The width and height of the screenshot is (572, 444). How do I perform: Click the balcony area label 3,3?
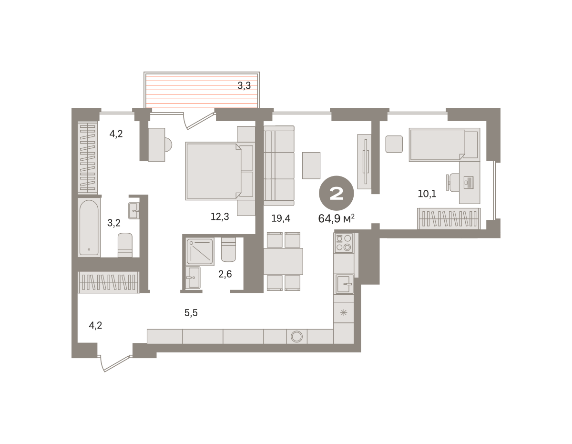click(x=244, y=85)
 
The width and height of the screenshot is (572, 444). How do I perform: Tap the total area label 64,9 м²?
click(x=336, y=218)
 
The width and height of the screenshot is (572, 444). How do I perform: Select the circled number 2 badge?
click(x=336, y=193)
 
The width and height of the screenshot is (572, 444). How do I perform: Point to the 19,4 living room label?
click(x=281, y=218)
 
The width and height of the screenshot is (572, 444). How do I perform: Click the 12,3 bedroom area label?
click(x=220, y=217)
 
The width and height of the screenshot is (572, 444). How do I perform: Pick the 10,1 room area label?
click(x=427, y=194)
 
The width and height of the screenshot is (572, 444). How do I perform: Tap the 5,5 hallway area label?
click(x=191, y=313)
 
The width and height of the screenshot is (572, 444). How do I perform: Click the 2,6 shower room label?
click(x=225, y=274)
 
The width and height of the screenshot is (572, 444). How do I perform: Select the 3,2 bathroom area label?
click(x=114, y=223)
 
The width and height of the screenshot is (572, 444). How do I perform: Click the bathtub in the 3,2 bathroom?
click(x=89, y=227)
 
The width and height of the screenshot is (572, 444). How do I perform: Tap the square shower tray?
click(x=200, y=251)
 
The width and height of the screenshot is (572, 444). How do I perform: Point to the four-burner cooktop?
click(x=344, y=243)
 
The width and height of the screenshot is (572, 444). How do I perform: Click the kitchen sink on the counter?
click(x=344, y=284)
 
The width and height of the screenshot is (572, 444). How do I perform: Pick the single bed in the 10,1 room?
click(x=444, y=145)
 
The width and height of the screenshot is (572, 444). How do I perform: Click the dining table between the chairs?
click(x=283, y=261)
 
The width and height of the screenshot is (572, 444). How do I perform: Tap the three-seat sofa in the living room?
click(x=279, y=165)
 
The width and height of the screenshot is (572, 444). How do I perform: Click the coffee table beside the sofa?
click(x=311, y=165)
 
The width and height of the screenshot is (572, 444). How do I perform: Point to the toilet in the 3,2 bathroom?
click(x=125, y=245)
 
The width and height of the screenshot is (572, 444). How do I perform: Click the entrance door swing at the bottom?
click(x=114, y=363)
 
